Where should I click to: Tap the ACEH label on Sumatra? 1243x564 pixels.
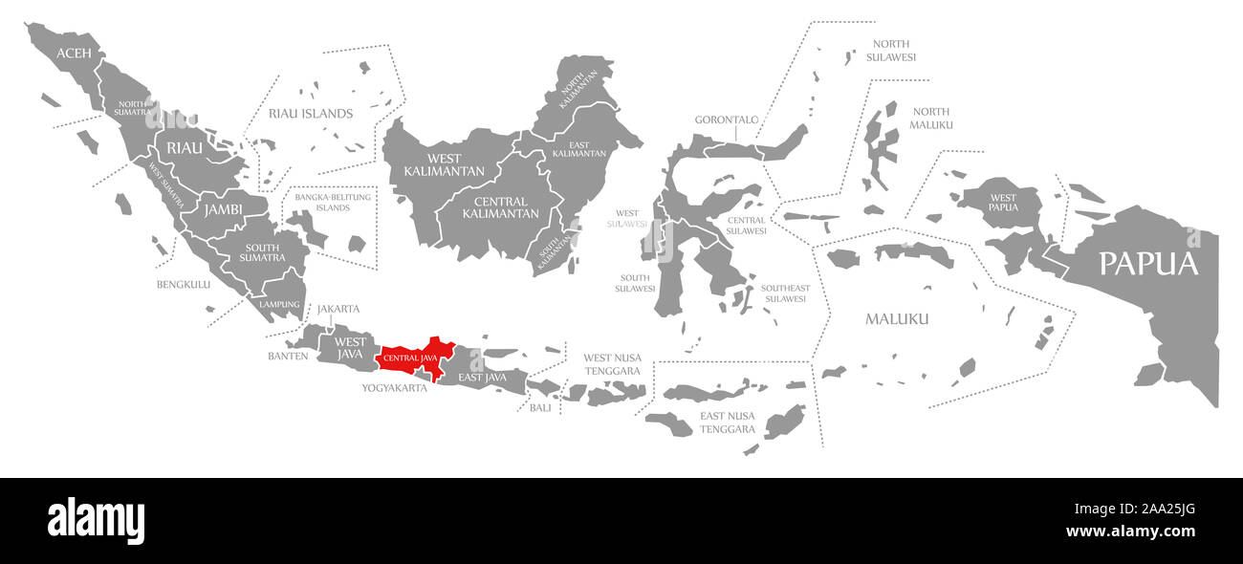coord(74,54)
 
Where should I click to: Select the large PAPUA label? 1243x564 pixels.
coord(1147,263)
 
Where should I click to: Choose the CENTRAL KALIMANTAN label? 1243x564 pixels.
coord(500,207)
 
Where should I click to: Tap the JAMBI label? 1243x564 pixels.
coord(222,207)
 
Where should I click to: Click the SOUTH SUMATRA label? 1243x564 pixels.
coord(262,251)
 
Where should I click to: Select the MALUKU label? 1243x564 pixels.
coord(897,318)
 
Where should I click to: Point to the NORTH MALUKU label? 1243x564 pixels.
coord(931,118)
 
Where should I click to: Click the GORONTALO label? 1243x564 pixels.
coord(727,119)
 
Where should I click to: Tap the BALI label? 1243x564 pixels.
coord(540,407)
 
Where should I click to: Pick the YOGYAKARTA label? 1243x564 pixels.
coord(394,388)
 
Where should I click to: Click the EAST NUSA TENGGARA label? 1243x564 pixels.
coord(728,423)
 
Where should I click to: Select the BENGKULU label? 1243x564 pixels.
coord(184,284)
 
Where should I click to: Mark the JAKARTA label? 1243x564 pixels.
coord(338,308)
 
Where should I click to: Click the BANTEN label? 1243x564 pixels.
coord(288,356)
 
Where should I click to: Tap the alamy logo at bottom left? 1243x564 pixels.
coord(97,520)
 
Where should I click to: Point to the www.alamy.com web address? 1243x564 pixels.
coord(1130,531)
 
